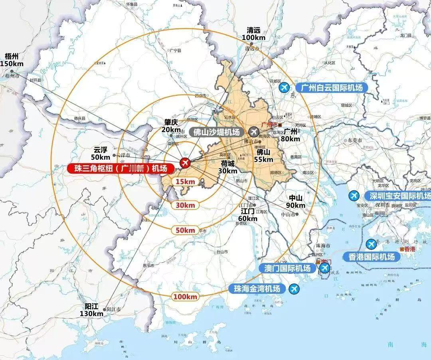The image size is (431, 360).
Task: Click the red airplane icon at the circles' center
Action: [184, 162]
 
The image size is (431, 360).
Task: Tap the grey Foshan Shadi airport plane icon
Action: [253, 132]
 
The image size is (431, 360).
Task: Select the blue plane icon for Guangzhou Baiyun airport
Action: [285, 87]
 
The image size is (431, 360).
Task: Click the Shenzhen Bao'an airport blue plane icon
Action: [354, 196]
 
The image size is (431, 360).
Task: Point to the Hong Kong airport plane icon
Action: [371, 243]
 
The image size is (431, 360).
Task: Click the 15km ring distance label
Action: [185, 182]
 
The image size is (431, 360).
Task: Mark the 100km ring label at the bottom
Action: [186, 297]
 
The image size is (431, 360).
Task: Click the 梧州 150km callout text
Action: [12, 60]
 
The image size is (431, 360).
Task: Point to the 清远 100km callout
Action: [253, 34]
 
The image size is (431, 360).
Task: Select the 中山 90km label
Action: [295, 202]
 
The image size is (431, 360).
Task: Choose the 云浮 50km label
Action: [101, 154]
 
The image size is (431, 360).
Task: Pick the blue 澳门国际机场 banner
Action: [285, 268]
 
